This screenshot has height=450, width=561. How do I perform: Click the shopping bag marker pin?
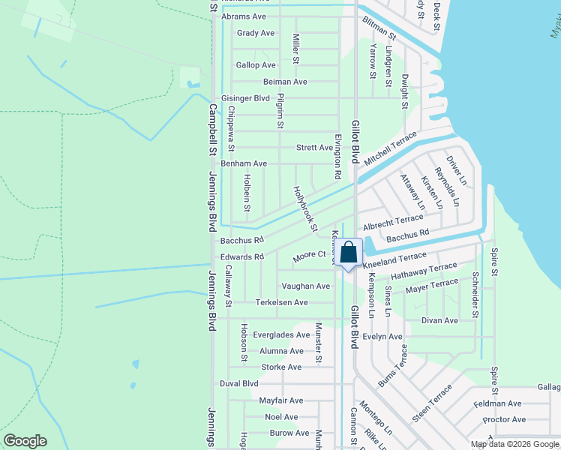point(349,253)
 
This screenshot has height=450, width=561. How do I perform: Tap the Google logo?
point(25,441)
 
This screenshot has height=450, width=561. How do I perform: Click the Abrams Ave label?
point(244,16)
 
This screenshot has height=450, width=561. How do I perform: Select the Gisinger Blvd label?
point(245,98)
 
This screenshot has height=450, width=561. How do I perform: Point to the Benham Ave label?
point(244,163)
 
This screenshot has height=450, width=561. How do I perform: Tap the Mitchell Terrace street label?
point(390,148)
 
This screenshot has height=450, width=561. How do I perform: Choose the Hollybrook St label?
point(306,208)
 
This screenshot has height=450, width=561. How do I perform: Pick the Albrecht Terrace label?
point(393,223)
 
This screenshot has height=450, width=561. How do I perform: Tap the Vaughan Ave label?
point(305,286)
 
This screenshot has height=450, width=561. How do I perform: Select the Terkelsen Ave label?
point(282,302)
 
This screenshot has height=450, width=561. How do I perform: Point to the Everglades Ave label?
point(281,335)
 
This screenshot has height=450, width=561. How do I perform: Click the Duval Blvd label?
point(239,383)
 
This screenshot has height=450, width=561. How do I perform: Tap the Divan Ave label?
point(439,320)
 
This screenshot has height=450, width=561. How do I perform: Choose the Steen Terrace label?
point(432,403)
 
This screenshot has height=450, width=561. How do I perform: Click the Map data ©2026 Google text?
point(514,444)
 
